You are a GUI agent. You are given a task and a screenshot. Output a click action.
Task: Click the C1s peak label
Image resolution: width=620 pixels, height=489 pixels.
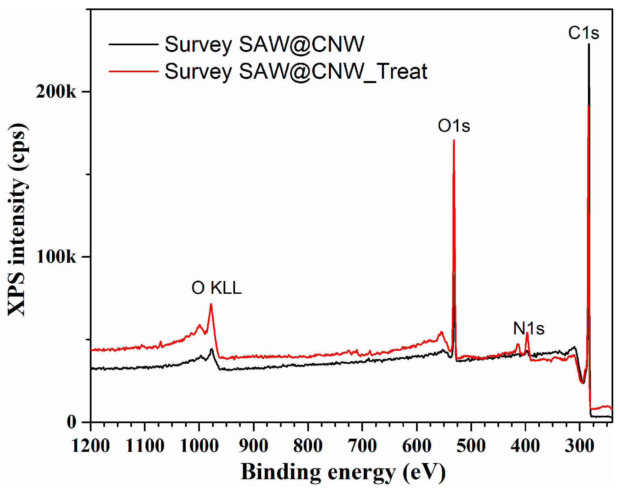point(583,33)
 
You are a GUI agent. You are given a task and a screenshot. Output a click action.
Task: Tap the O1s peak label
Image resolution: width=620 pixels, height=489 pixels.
point(454,126)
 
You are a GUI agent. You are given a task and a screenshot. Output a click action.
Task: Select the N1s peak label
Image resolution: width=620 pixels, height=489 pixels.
point(528,328)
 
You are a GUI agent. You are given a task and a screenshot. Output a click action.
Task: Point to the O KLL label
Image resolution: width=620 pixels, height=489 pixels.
point(216,288)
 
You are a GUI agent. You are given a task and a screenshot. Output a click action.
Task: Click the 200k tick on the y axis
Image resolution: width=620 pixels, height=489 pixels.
point(56,92)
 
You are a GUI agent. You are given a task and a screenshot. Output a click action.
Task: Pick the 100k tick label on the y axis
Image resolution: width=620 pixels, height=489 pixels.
point(56,257)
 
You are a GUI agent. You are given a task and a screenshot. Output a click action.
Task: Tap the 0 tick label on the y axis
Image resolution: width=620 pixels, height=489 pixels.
point(72,422)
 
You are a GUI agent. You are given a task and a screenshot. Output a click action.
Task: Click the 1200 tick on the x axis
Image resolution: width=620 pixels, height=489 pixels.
point(91,446)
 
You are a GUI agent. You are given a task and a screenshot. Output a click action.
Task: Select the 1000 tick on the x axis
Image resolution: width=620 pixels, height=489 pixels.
point(199,446)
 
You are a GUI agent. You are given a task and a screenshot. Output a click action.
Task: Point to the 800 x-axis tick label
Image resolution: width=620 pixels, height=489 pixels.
point(308,446)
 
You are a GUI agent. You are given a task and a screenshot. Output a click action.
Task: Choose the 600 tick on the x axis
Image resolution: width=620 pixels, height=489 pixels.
point(416,446)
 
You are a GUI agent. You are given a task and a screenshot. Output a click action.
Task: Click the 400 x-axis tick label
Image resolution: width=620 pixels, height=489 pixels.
point(525,446)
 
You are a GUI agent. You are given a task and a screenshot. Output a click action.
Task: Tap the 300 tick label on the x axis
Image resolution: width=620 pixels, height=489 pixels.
point(579,446)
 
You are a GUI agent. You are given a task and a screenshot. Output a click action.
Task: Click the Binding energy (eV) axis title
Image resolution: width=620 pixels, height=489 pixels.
point(343,472)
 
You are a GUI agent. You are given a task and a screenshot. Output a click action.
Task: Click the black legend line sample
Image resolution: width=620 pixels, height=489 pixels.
point(133,44)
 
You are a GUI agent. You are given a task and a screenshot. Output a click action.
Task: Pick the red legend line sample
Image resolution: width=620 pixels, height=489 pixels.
point(133,71)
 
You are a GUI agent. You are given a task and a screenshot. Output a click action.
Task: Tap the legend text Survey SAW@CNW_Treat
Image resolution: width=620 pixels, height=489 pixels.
point(295,71)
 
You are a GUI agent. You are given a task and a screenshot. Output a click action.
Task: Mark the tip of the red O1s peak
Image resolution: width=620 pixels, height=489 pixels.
point(454,140)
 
